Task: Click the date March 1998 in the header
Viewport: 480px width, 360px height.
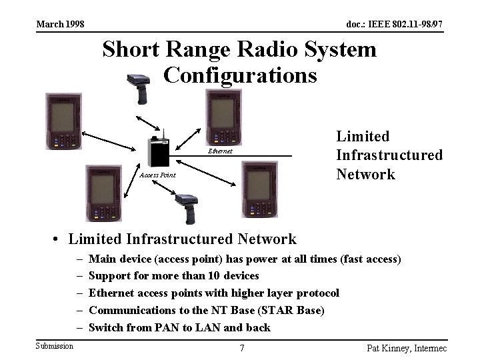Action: [60, 25]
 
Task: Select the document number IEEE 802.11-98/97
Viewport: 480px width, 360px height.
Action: [394, 25]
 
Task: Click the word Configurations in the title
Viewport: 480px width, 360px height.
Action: [239, 75]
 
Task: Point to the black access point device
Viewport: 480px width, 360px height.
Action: [158, 151]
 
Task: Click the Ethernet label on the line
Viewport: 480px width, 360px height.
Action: [220, 151]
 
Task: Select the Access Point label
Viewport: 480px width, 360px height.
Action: [157, 175]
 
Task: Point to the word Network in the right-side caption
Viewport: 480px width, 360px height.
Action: [365, 175]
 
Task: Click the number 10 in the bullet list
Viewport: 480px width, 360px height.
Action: [217, 276]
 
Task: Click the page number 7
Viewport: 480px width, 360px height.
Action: [242, 347]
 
